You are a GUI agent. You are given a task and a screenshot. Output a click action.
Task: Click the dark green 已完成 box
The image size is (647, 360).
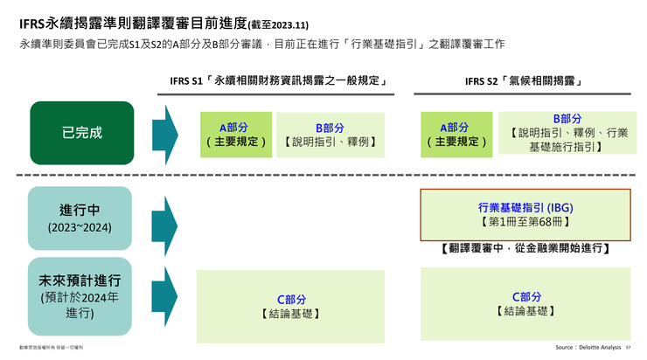coord(82,134)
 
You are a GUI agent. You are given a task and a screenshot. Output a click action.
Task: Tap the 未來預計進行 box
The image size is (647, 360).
coord(80,296)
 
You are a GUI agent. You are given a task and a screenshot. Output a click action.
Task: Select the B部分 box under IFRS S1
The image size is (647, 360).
coord(330,135)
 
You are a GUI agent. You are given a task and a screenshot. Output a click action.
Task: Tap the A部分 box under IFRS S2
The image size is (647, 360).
coord(456,135)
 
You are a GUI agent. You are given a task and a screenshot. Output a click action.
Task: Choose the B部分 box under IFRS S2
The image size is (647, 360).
coord(567,133)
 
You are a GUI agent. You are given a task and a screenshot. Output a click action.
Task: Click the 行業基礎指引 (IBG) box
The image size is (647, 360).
coord(525,215)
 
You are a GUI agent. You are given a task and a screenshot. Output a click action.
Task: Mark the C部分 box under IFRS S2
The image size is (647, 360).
coord(525,303)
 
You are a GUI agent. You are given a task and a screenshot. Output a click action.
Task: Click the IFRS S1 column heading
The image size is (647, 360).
coord(278,82)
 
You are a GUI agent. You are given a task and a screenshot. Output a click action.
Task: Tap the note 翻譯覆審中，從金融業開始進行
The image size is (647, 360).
coord(525,249)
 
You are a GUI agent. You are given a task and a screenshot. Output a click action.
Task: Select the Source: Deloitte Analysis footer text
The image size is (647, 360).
coord(588,348)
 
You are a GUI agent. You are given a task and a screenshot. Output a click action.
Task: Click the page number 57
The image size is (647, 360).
coord(628,348)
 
